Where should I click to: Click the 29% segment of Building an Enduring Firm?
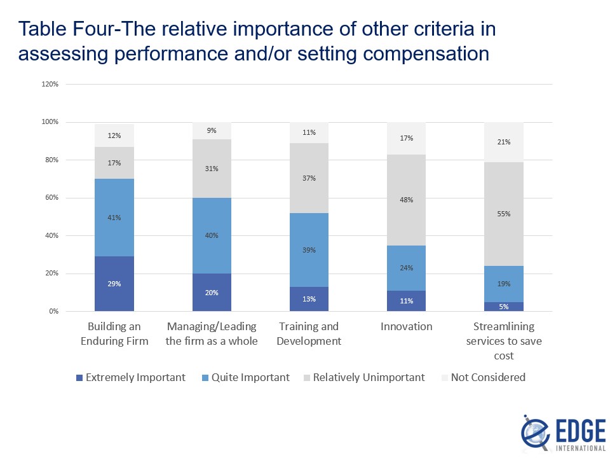[x=114, y=284]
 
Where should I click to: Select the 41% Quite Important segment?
[x=114, y=218]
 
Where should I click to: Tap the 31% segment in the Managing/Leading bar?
[x=212, y=169]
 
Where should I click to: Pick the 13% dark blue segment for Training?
[x=309, y=300]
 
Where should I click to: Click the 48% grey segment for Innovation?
[x=406, y=200]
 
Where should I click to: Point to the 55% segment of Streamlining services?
[x=503, y=214]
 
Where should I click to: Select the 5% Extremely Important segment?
[x=503, y=307]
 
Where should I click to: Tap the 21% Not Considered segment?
[x=503, y=142]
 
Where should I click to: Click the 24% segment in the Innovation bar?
[x=406, y=268]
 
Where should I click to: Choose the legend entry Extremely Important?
[x=130, y=377]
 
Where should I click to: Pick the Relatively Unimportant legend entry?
[x=364, y=377]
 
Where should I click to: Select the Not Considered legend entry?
[x=482, y=377]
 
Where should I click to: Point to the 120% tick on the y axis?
[x=50, y=84]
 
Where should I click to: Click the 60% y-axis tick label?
[x=51, y=198]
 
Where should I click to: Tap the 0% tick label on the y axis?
[x=53, y=312]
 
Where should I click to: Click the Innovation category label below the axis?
[x=406, y=326]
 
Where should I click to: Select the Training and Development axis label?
[x=309, y=334]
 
